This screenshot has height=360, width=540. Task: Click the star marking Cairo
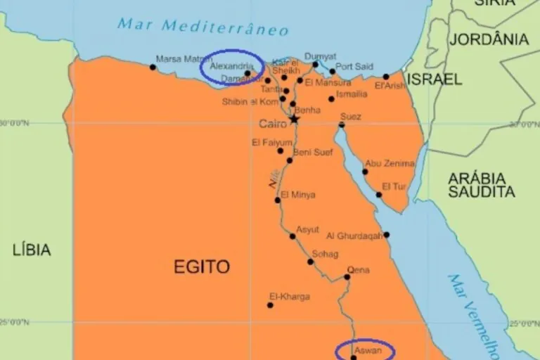[295, 120]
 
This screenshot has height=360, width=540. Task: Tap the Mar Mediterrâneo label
[203, 27]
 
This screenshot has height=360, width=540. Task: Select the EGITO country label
[201, 266]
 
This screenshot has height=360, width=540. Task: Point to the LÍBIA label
[32, 249]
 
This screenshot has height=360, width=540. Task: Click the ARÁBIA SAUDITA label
[482, 184]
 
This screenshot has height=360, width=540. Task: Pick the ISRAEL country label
[435, 79]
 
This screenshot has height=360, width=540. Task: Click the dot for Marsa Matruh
[153, 67]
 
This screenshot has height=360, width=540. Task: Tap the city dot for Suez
[341, 125]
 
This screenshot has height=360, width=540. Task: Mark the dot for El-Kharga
[270, 305]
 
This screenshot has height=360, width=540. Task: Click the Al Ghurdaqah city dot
[386, 235]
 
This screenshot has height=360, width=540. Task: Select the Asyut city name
[307, 229]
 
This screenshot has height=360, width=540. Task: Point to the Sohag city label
[325, 254]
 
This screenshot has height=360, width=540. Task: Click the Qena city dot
[347, 277]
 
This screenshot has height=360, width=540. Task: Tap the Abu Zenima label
[390, 163]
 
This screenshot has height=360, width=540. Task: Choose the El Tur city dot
[379, 195]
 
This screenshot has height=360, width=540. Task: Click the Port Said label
[354, 67]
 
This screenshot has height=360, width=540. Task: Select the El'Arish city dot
[386, 77]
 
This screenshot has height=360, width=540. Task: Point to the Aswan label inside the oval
[368, 349]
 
